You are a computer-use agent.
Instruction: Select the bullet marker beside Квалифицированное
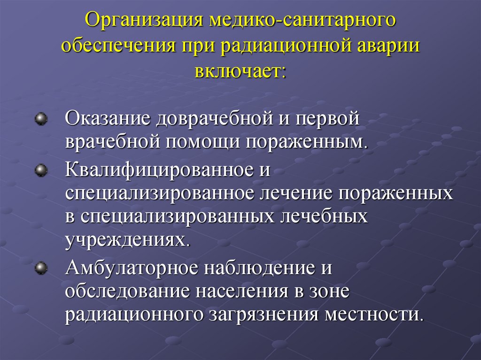pos(42,169)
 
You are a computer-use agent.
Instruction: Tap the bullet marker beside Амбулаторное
pos(42,268)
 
